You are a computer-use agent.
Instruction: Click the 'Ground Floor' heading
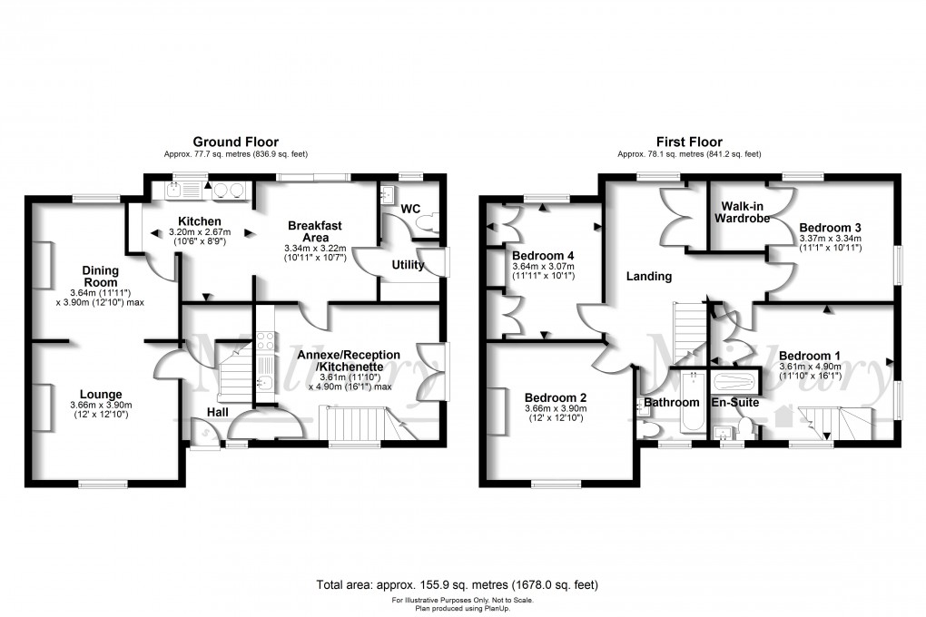pyautogui.click(x=235, y=142)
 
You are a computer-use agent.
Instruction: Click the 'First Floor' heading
pyautogui.click(x=689, y=142)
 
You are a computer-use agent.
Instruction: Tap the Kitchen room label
pyautogui.click(x=199, y=221)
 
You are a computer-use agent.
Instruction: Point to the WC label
pyautogui.click(x=410, y=209)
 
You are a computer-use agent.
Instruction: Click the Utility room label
pyautogui.click(x=409, y=263)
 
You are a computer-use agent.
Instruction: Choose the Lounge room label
pyautogui.click(x=100, y=394)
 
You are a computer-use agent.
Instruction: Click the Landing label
pyautogui.click(x=649, y=276)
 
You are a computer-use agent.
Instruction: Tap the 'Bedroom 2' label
pyautogui.click(x=556, y=397)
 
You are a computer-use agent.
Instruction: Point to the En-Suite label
pyautogui.click(x=735, y=402)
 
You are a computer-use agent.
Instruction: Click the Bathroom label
pyautogui.click(x=673, y=402)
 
